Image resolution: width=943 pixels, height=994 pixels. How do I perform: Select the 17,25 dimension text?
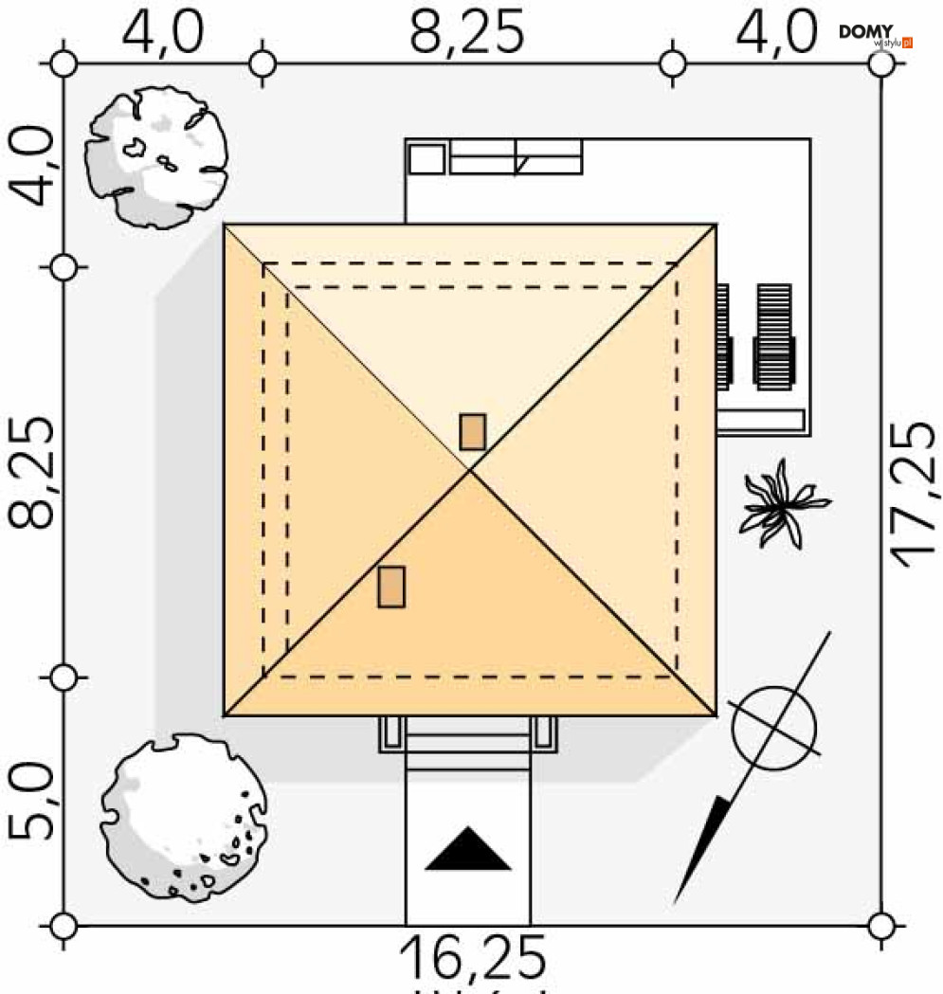point(916,495)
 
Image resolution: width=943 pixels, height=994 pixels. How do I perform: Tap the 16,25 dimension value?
point(473,958)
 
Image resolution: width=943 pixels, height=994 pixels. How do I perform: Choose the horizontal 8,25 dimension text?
point(466,32)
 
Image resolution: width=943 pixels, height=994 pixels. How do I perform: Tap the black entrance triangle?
point(468,849)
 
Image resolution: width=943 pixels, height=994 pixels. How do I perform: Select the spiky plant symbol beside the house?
point(782,502)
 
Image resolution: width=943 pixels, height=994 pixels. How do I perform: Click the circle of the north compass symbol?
point(773,728)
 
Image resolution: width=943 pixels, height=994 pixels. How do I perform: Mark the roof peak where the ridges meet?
point(470,470)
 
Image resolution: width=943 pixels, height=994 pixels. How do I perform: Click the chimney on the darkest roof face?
point(391,587)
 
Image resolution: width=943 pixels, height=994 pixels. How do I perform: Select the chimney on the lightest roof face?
point(472,431)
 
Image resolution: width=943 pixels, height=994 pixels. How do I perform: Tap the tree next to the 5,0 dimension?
point(183,817)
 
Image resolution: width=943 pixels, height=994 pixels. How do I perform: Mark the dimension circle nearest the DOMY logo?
point(881,63)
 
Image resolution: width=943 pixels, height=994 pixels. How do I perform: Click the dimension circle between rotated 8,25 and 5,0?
point(63,678)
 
